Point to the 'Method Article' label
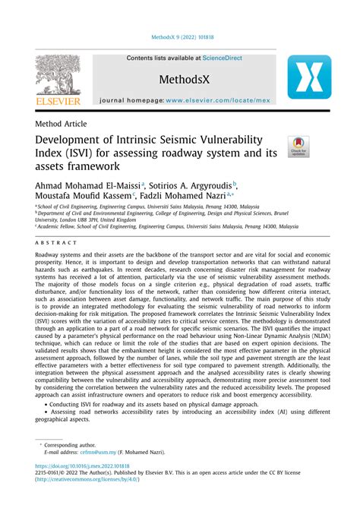(x=61, y=123)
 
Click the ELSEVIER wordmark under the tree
(x=58, y=99)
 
